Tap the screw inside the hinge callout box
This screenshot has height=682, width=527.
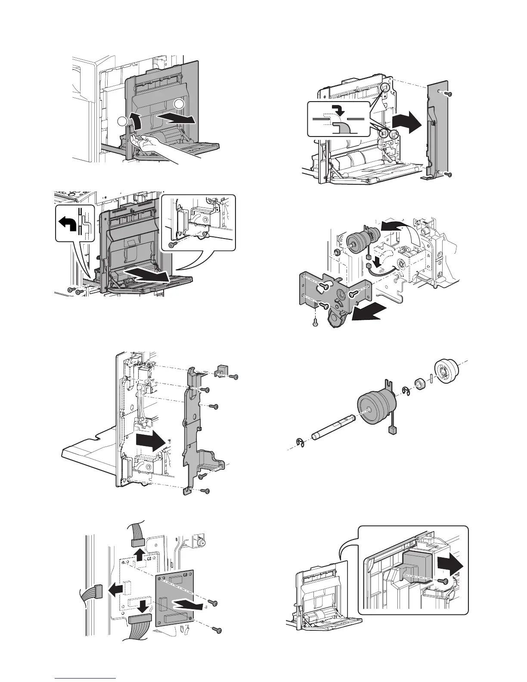pos(172,244)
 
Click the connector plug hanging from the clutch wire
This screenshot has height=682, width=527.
pos(391,431)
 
